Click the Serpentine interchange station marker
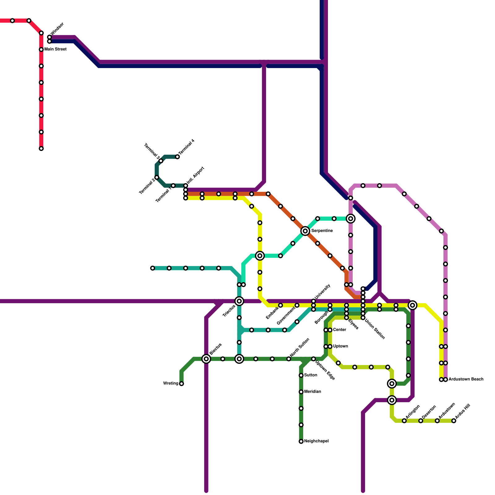tap(305, 231)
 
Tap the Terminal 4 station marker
tap(177, 157)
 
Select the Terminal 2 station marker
tap(157, 177)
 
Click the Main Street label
tap(55, 49)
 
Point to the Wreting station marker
tap(182, 384)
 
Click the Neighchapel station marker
tap(301, 441)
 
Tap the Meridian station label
tap(312, 392)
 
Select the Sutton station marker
tap(301, 375)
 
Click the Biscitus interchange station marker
tap(206, 359)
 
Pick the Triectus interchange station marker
tap(239, 301)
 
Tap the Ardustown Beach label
tap(466, 379)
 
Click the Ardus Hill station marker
tap(454, 421)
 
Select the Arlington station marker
tap(404, 421)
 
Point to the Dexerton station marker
tap(421, 421)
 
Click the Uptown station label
tap(340, 346)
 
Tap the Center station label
tap(339, 330)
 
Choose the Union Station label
tap(375, 329)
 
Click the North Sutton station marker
tap(289, 359)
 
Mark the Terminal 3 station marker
tap(161, 161)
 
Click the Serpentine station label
tap(322, 231)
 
